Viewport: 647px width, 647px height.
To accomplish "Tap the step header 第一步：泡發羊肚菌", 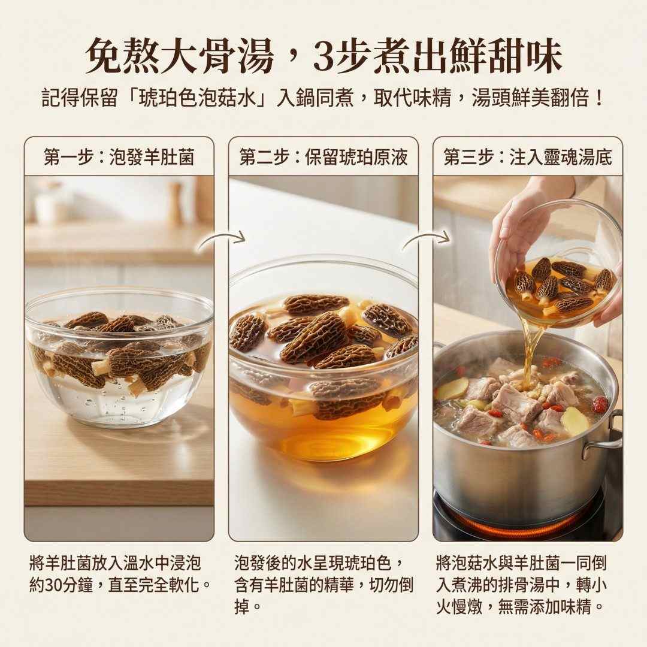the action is pos(119,157).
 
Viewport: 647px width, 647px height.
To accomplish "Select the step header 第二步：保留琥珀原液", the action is pos(323,157).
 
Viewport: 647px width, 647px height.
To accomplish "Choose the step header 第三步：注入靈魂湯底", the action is pos(528,157).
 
